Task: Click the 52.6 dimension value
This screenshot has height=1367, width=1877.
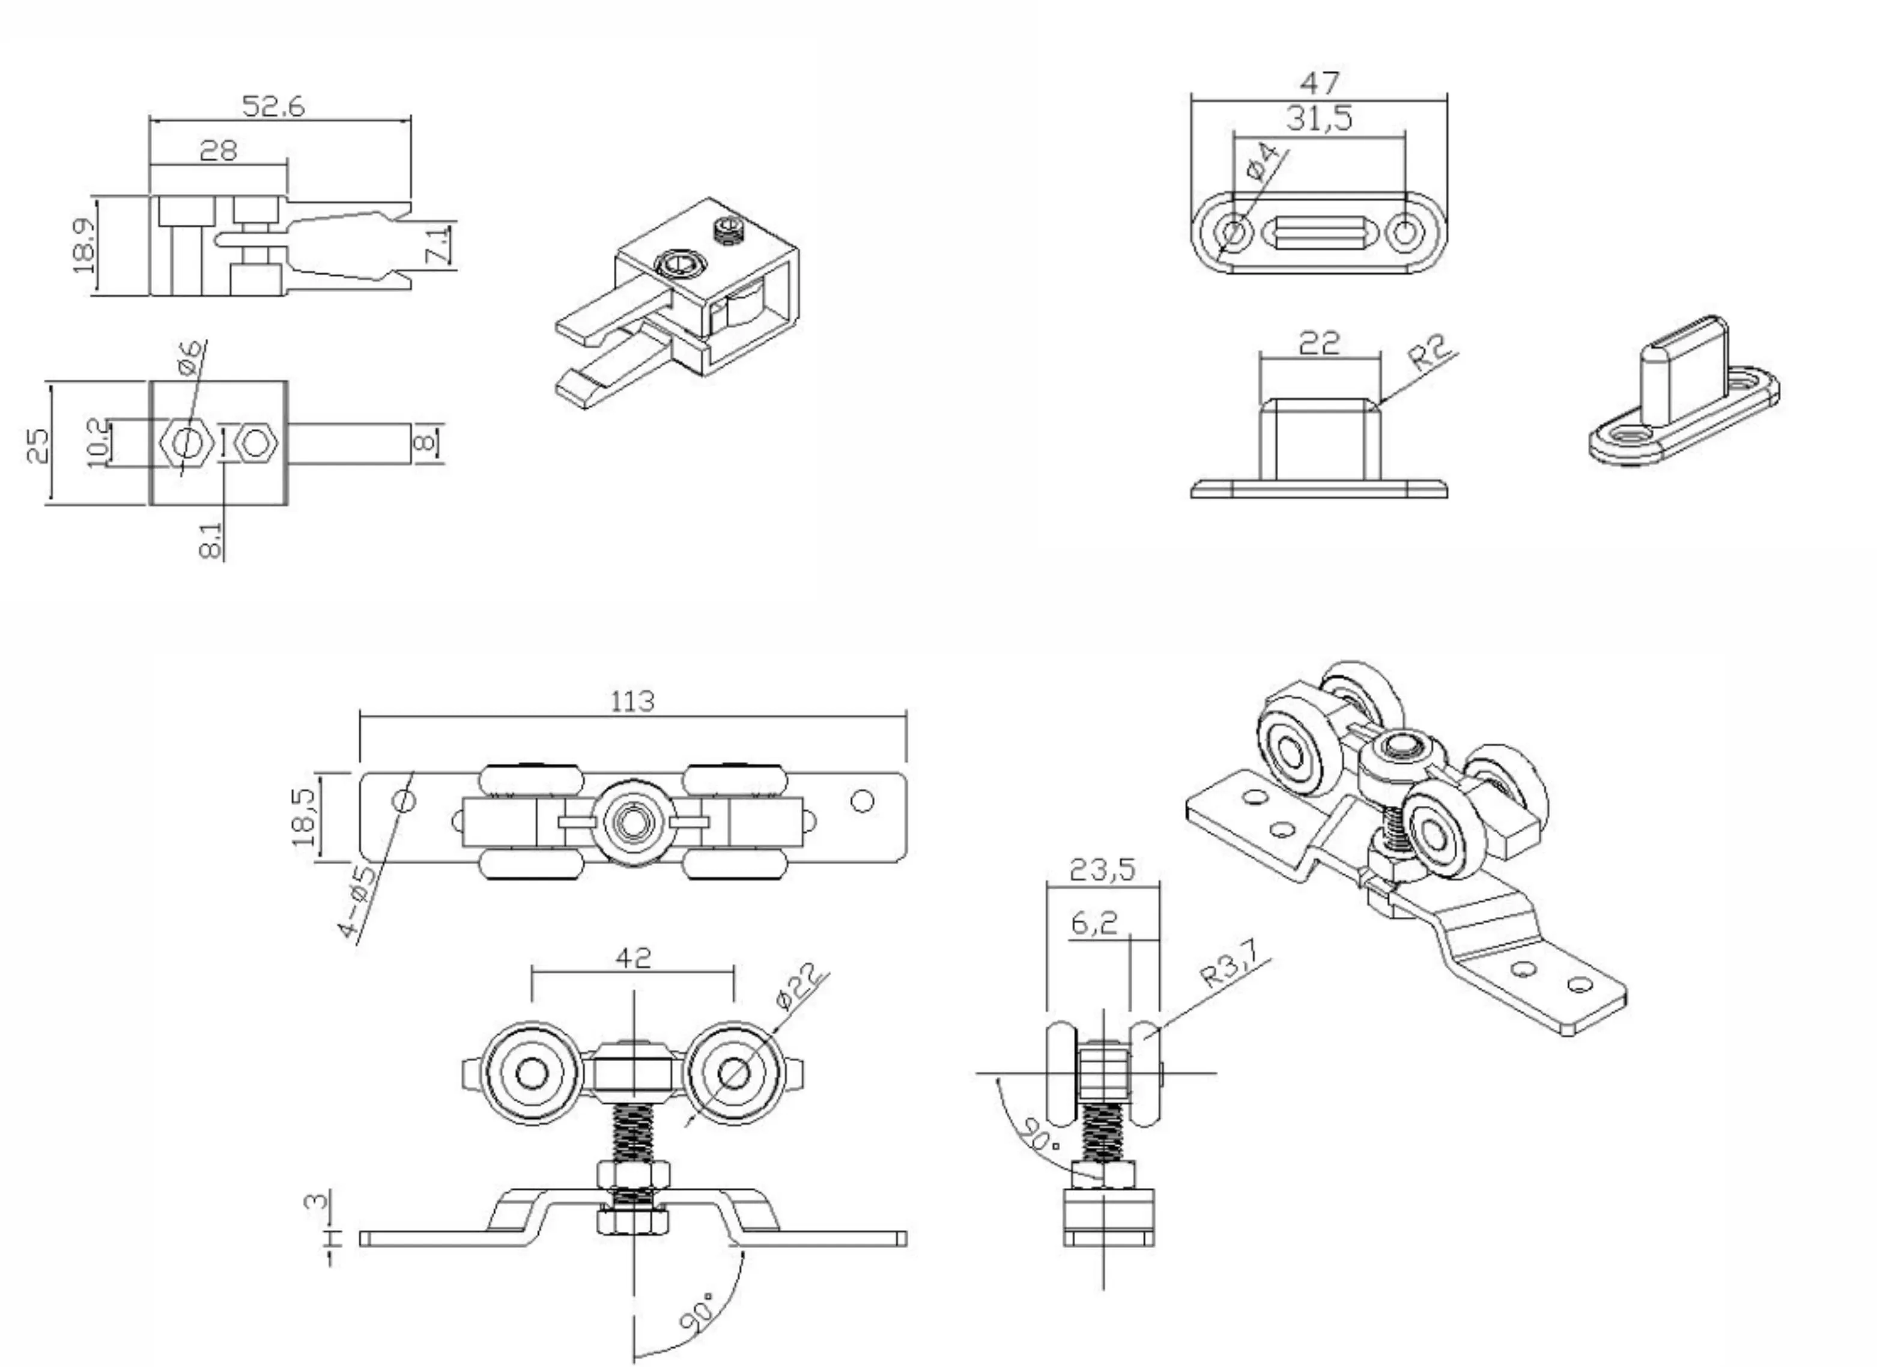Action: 273,107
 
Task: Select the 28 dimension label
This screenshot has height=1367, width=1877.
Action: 219,151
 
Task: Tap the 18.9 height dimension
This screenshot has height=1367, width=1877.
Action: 83,245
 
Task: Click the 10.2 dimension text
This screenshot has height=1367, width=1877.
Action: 97,443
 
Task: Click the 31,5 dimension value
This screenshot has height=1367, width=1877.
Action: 1319,119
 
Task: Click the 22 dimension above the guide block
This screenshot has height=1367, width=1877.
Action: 1319,343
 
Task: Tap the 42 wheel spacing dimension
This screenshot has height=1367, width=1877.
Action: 633,958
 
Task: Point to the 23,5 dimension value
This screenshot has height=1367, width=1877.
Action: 1102,870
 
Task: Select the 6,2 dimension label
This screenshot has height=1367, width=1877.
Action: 1094,922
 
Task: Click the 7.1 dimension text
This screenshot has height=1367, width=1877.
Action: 438,245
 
